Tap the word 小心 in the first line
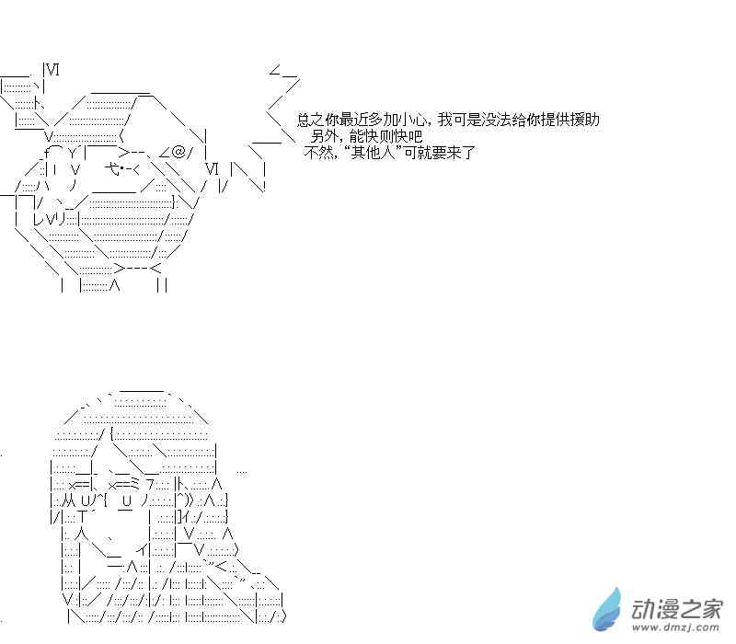[x=408, y=120]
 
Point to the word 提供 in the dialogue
[x=554, y=120]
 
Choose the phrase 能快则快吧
[x=386, y=136]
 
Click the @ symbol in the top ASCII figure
[x=178, y=151]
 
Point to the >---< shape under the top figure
[x=138, y=268]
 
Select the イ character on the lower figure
[x=142, y=550]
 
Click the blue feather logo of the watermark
[x=609, y=607]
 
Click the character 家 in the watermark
[x=710, y=607]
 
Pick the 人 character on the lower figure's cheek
[x=81, y=533]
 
